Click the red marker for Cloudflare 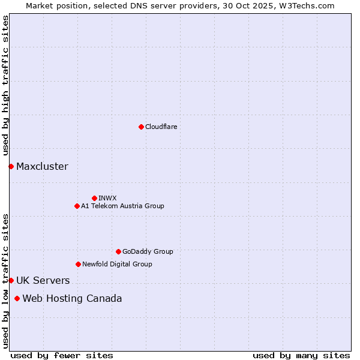pyautogui.click(x=141, y=127)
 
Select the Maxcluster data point pyautogui.click(x=11, y=166)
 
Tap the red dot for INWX pyautogui.click(x=94, y=198)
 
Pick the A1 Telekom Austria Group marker pyautogui.click(x=77, y=206)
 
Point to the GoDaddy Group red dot pyautogui.click(x=118, y=251)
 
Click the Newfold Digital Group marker pyautogui.click(x=78, y=264)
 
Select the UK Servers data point pyautogui.click(x=11, y=280)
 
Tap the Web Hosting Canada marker pyautogui.click(x=17, y=298)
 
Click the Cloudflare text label pyautogui.click(x=161, y=127)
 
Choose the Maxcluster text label pyautogui.click(x=42, y=167)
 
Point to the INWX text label pyautogui.click(x=107, y=198)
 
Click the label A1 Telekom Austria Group pyautogui.click(x=122, y=206)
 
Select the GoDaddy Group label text pyautogui.click(x=148, y=251)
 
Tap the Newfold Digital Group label pyautogui.click(x=117, y=264)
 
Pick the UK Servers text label pyautogui.click(x=43, y=281)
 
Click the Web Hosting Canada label pyautogui.click(x=72, y=299)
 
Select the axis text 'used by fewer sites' pyautogui.click(x=62, y=355)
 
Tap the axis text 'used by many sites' pyautogui.click(x=301, y=355)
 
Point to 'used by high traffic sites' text pyautogui.click(x=5, y=86)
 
